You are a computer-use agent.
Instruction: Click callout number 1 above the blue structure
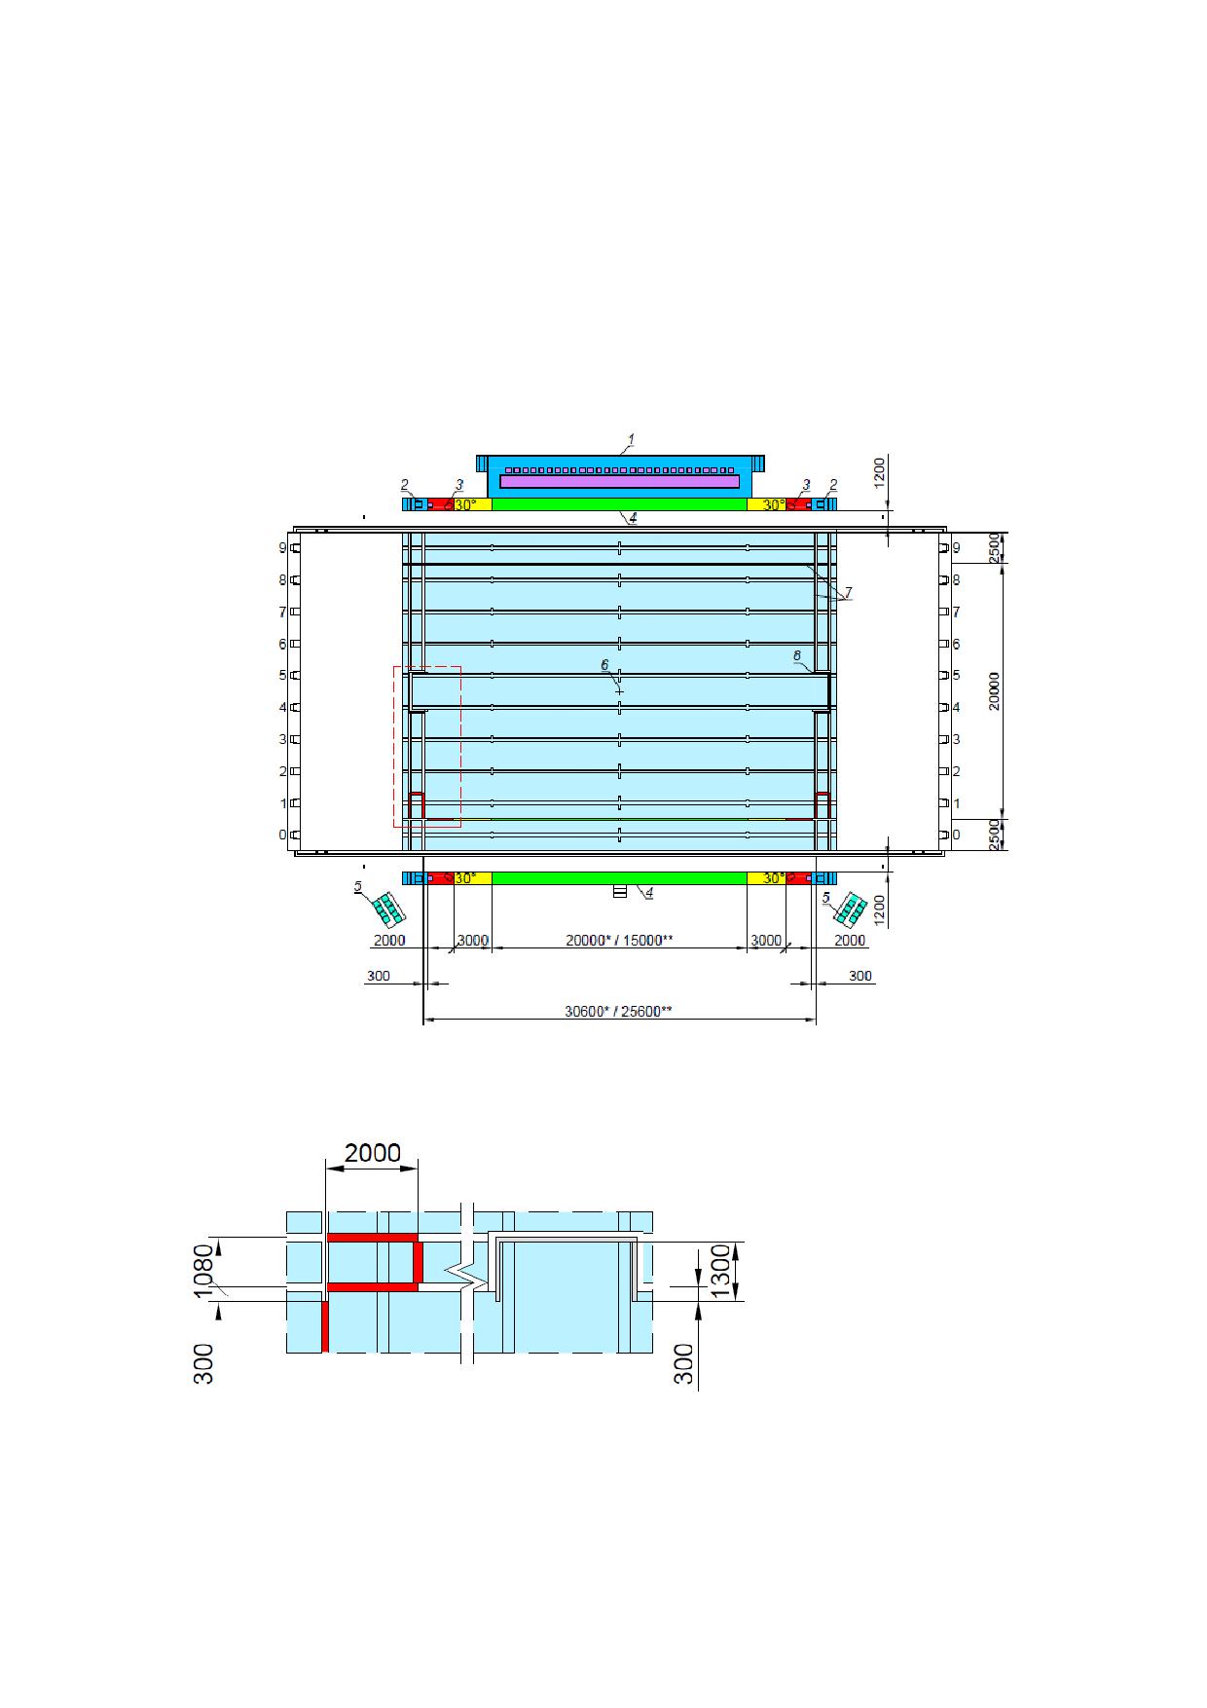[630, 440]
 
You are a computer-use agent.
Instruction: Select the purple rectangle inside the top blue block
[619, 481]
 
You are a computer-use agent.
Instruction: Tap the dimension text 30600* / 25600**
[618, 1011]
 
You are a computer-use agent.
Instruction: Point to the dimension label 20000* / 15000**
[620, 940]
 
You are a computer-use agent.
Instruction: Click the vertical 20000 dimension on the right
[994, 690]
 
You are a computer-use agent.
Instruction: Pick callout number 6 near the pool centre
[603, 664]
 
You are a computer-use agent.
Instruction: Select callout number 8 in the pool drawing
[797, 656]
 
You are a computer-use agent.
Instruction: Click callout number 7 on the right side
[848, 592]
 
